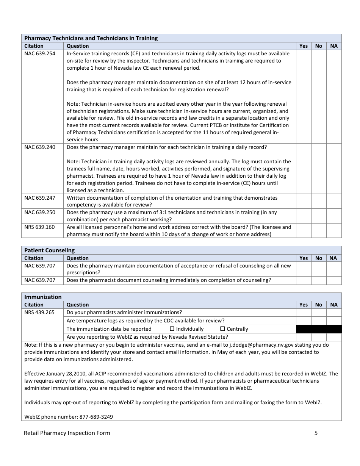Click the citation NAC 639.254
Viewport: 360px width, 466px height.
pyautogui.click(x=40, y=53)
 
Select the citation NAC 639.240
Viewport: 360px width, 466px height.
pyautogui.click(x=40, y=147)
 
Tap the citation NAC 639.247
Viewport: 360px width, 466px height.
pyautogui.click(x=40, y=198)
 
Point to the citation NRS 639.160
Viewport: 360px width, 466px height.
pyautogui.click(x=39, y=227)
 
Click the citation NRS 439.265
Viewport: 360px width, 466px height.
pyautogui.click(x=39, y=312)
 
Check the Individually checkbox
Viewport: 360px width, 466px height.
pyautogui.click(x=172, y=329)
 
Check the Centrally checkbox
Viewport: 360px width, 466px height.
pyautogui.click(x=222, y=329)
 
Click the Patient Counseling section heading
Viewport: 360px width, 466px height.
pyautogui.click(x=50, y=250)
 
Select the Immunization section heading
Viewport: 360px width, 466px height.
pyautogui.click(x=43, y=297)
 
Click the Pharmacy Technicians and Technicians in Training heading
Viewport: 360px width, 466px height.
pyautogui.click(x=91, y=38)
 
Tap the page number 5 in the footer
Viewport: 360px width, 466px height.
pyautogui.click(x=316, y=433)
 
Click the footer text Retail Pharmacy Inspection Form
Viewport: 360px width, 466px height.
pyautogui.click(x=67, y=433)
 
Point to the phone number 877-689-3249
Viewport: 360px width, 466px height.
pyautogui.click(x=96, y=417)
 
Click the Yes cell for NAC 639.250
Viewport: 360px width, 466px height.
pyautogui.click(x=303, y=216)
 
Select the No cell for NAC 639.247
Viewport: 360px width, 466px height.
pyautogui.click(x=319, y=201)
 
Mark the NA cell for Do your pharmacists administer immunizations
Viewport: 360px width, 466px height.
pyautogui.click(x=333, y=313)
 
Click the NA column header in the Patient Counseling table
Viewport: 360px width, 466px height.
pyautogui.click(x=333, y=258)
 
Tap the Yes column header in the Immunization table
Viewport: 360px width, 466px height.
pyautogui.click(x=303, y=305)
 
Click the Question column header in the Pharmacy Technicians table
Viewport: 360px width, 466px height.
pyautogui.click(x=78, y=46)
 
